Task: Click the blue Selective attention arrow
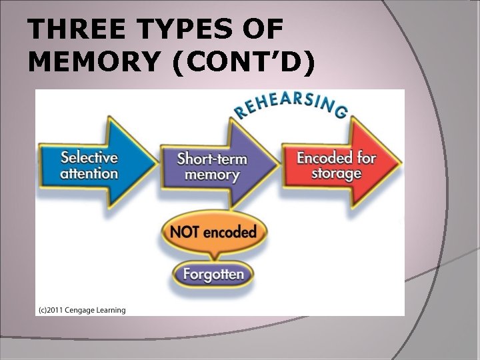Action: coord(91,165)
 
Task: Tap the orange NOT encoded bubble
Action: coord(213,233)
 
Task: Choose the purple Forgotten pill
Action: coord(213,273)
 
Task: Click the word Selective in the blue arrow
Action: coord(89,158)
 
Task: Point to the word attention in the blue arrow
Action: coord(89,174)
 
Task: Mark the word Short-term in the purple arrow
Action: coord(212,159)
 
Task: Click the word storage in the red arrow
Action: coord(337,174)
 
